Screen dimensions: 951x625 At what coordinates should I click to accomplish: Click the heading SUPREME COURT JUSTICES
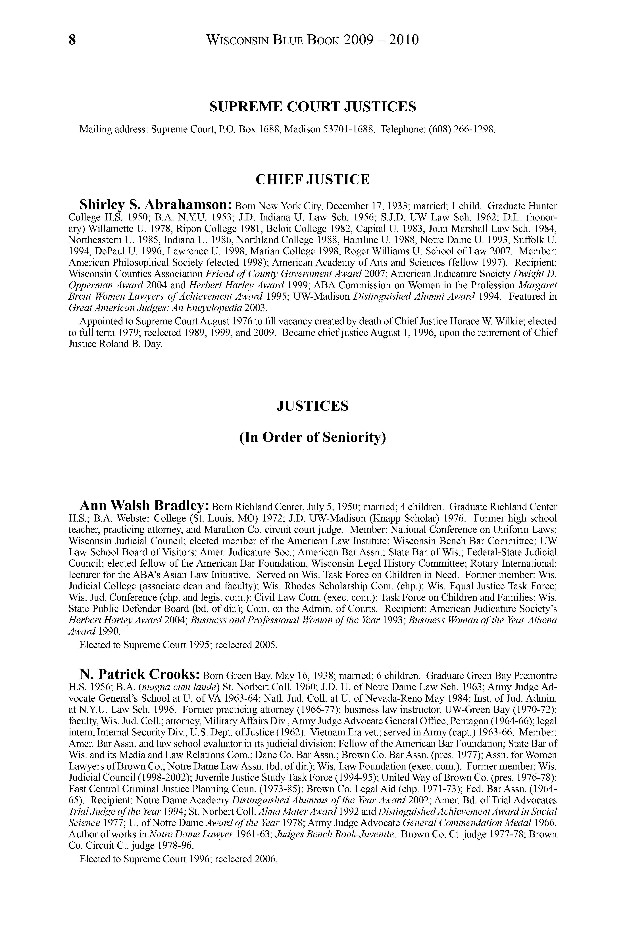pyautogui.click(x=312, y=107)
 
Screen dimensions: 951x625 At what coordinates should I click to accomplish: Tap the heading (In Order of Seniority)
pyautogui.click(x=312, y=437)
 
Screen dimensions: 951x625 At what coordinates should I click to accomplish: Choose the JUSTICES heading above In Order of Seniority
pyautogui.click(x=312, y=406)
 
